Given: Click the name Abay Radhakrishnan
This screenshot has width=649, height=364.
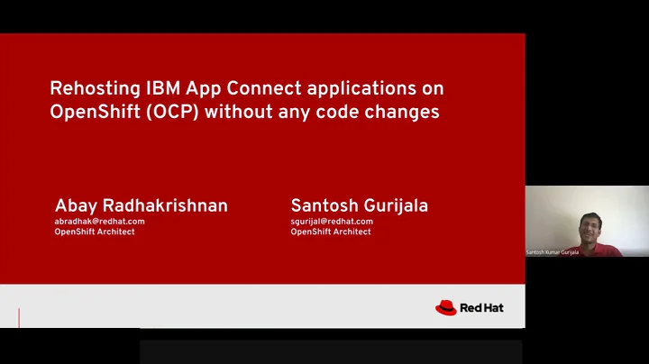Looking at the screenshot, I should (x=142, y=205).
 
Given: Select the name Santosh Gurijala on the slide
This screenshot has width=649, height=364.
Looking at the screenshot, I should (x=359, y=205).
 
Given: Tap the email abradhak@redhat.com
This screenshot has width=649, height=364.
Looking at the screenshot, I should (x=99, y=221).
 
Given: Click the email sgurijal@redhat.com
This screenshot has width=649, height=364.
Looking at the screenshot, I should (x=332, y=221).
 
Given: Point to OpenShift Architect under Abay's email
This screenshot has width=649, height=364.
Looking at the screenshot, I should (x=96, y=232).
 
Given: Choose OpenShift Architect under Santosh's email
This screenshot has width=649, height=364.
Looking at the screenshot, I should (x=331, y=232).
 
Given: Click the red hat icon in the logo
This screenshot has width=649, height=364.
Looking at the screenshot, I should (x=446, y=308).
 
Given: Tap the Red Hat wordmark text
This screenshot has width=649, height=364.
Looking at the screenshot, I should (x=482, y=308).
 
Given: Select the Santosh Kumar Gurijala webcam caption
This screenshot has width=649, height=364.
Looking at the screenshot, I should (x=553, y=252).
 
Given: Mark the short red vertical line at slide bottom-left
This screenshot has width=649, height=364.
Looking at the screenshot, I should (x=19, y=317).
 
